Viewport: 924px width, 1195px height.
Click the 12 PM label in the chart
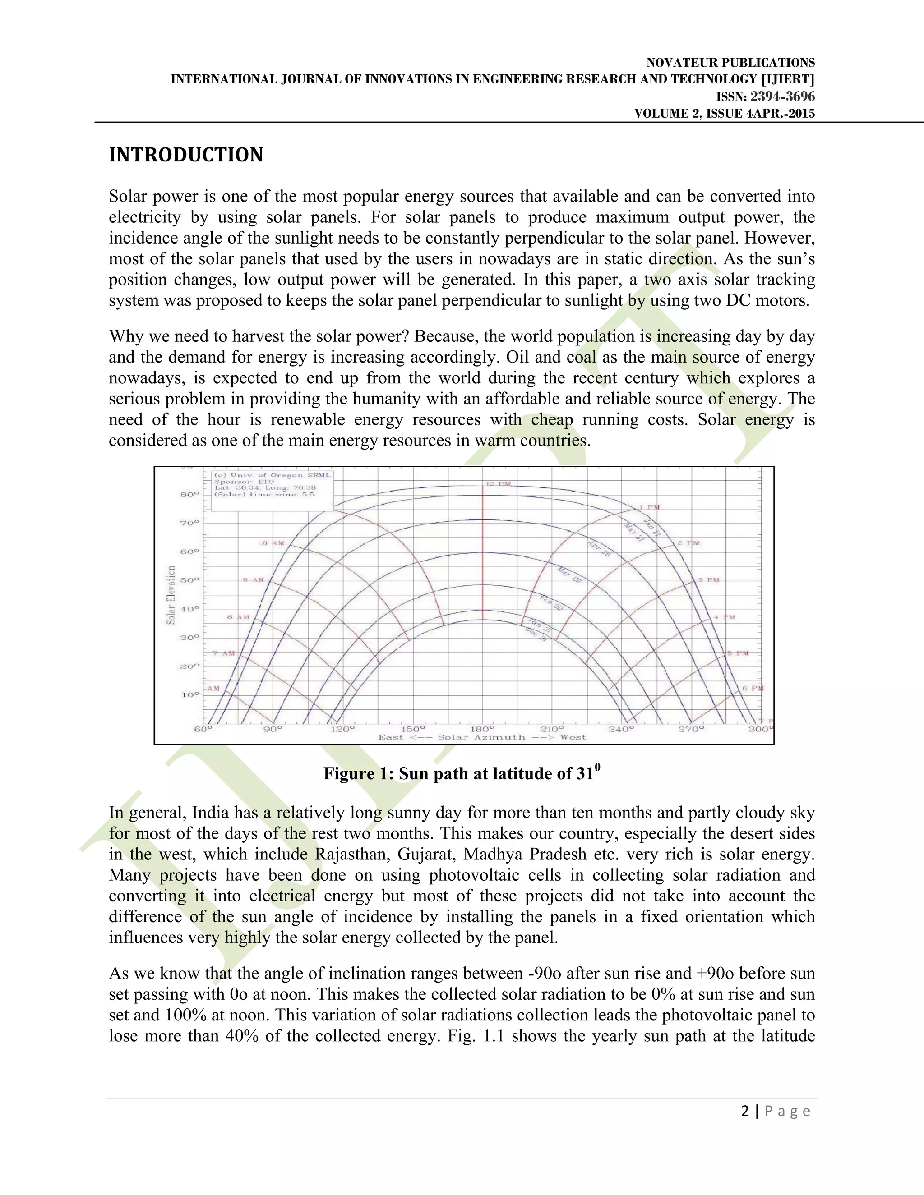tap(498, 484)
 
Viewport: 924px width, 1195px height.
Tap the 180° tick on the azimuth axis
tap(482, 729)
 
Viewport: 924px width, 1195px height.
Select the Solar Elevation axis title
tap(171, 595)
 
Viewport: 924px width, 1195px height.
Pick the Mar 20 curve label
tap(569, 575)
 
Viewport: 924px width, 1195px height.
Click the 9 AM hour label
tap(254, 579)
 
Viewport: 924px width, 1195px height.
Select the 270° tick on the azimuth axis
tap(691, 729)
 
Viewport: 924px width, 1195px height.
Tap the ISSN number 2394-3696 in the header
tap(782, 97)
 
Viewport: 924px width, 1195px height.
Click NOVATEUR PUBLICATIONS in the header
tap(730, 62)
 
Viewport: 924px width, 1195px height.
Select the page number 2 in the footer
tap(745, 1111)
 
